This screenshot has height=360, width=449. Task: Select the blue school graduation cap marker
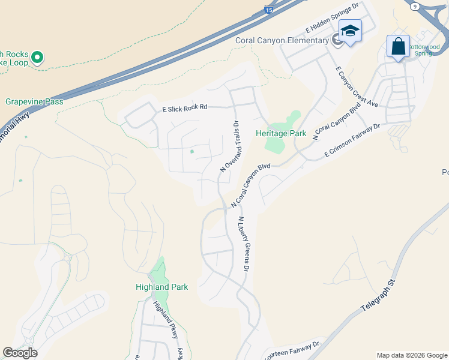click(350, 31)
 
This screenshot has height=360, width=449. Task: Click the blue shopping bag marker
click(398, 47)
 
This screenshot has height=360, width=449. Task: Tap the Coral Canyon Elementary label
click(281, 40)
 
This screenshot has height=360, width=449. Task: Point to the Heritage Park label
click(281, 133)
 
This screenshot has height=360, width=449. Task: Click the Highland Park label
click(161, 287)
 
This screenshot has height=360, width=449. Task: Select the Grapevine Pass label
click(34, 102)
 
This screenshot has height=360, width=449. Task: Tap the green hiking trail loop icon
click(37, 58)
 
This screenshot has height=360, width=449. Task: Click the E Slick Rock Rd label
click(185, 108)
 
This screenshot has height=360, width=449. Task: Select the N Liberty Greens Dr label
click(243, 244)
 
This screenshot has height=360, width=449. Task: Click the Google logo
click(20, 353)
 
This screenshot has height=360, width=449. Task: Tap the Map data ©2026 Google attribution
click(412, 355)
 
